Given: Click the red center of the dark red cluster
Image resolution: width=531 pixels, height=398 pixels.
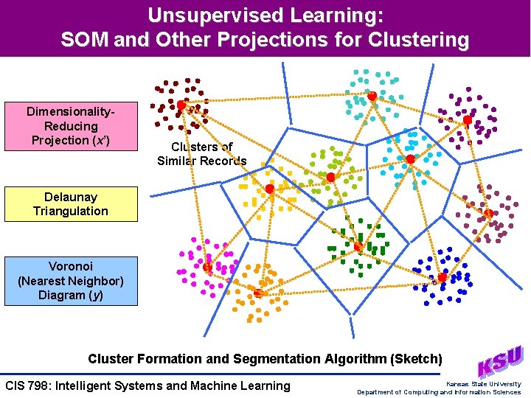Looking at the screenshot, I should (x=181, y=105).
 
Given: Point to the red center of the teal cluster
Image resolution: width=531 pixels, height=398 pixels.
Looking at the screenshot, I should (x=372, y=97).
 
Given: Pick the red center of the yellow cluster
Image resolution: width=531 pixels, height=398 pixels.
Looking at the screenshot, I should (x=270, y=189).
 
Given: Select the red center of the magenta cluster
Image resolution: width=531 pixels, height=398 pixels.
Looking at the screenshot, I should (x=208, y=267).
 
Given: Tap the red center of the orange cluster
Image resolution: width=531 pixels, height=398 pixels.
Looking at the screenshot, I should (x=258, y=293).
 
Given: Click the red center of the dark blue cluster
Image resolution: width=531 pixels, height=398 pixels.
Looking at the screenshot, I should (x=442, y=278).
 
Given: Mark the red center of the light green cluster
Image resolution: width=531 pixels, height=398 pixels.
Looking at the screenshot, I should (x=331, y=178).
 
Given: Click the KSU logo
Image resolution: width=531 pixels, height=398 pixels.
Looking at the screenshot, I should (x=501, y=361).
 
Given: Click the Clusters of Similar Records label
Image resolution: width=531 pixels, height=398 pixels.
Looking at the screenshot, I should (x=201, y=154).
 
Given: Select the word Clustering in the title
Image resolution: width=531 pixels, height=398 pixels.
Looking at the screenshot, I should (x=424, y=39).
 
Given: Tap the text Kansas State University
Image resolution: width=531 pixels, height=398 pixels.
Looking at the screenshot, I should (x=483, y=383).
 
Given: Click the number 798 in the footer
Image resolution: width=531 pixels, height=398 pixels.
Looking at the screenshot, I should (x=44, y=385).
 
